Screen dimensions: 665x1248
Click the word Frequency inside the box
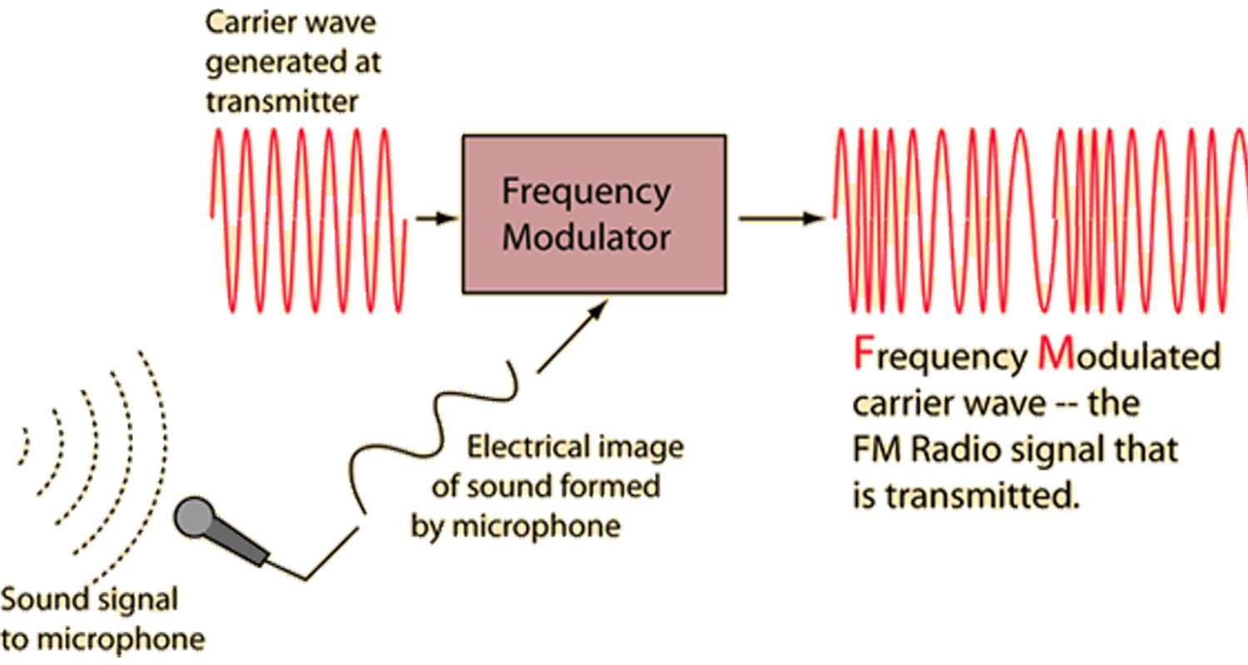coord(586,193)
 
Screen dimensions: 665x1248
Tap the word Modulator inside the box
coord(586,238)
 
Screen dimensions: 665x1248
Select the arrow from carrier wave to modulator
coord(436,219)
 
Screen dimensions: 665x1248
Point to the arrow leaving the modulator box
coord(780,219)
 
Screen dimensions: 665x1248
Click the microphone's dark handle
coord(244,547)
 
